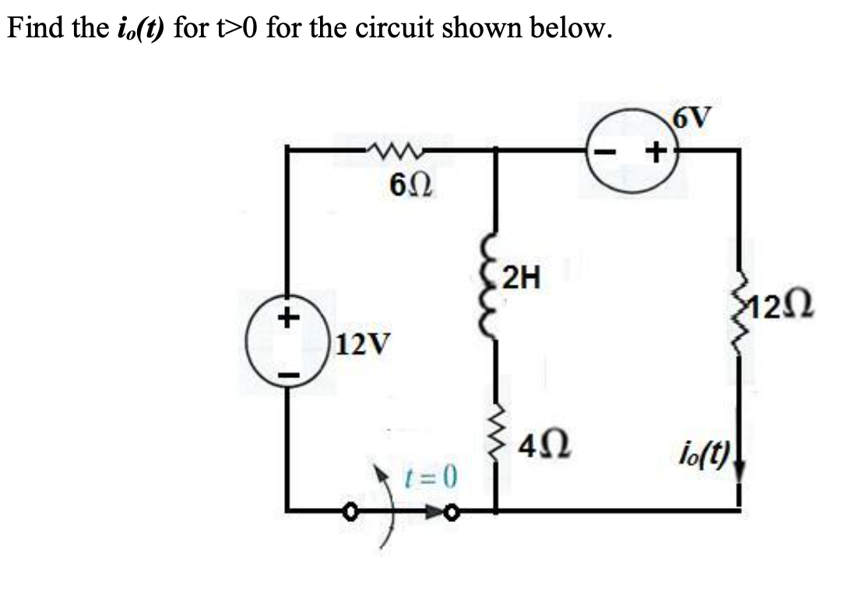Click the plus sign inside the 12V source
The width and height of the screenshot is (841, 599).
[x=288, y=317]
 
